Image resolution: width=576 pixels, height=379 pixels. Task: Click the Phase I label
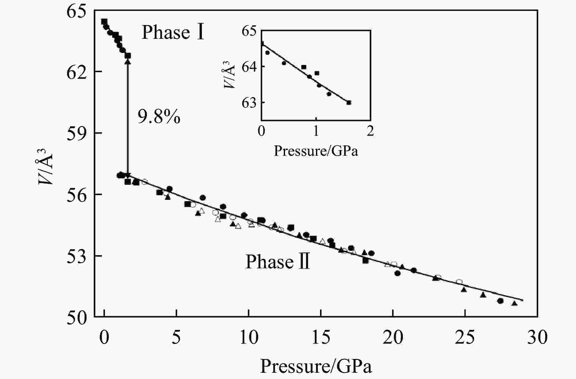click(173, 32)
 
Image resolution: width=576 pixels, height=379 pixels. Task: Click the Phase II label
click(278, 262)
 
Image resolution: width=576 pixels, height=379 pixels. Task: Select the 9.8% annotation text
click(159, 117)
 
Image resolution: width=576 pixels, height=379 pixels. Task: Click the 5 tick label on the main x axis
click(176, 338)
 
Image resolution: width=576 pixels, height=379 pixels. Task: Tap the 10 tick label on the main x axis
click(249, 338)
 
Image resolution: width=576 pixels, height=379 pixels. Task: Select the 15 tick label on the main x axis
click(321, 338)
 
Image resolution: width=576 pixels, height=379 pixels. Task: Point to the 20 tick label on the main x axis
click(393, 338)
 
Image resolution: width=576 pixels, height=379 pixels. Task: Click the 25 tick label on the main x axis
click(465, 338)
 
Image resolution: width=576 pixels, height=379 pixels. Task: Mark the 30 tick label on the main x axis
click(537, 338)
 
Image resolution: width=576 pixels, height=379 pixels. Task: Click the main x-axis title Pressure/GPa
click(316, 366)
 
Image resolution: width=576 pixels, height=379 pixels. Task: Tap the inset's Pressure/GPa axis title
click(316, 151)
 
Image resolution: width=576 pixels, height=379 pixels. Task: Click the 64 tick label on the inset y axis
click(249, 67)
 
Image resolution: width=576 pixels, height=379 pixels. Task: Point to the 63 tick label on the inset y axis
click(249, 103)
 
